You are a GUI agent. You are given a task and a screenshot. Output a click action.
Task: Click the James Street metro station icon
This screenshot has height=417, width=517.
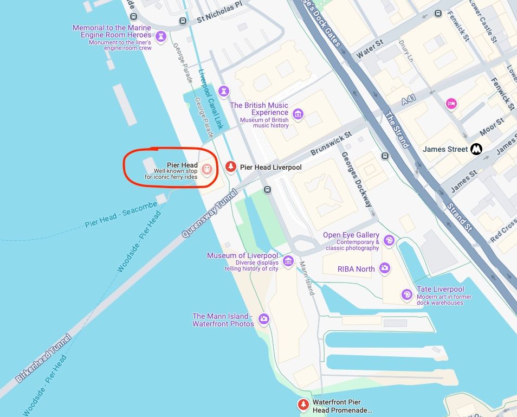click(x=476, y=149)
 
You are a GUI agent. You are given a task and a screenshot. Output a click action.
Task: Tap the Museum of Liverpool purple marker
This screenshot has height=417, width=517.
click(x=288, y=261)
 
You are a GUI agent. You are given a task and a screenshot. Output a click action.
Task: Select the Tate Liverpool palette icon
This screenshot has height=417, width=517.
click(x=406, y=295)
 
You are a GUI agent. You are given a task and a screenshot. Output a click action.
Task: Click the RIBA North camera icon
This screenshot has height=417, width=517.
click(x=384, y=268)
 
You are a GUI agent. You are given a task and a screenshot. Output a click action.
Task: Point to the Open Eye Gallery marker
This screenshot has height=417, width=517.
click(x=389, y=240)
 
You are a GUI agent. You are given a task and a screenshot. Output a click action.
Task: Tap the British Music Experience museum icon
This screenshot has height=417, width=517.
click(x=298, y=114)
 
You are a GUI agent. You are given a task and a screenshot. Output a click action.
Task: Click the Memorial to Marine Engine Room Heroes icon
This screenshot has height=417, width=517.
click(x=160, y=37)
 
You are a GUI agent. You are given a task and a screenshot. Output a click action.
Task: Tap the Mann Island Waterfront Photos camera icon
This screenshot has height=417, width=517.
click(x=264, y=319)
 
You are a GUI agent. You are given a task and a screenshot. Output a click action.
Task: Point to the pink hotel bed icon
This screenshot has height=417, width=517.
click(x=451, y=104)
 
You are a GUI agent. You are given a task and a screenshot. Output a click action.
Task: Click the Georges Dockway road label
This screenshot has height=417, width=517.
click(x=357, y=179)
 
